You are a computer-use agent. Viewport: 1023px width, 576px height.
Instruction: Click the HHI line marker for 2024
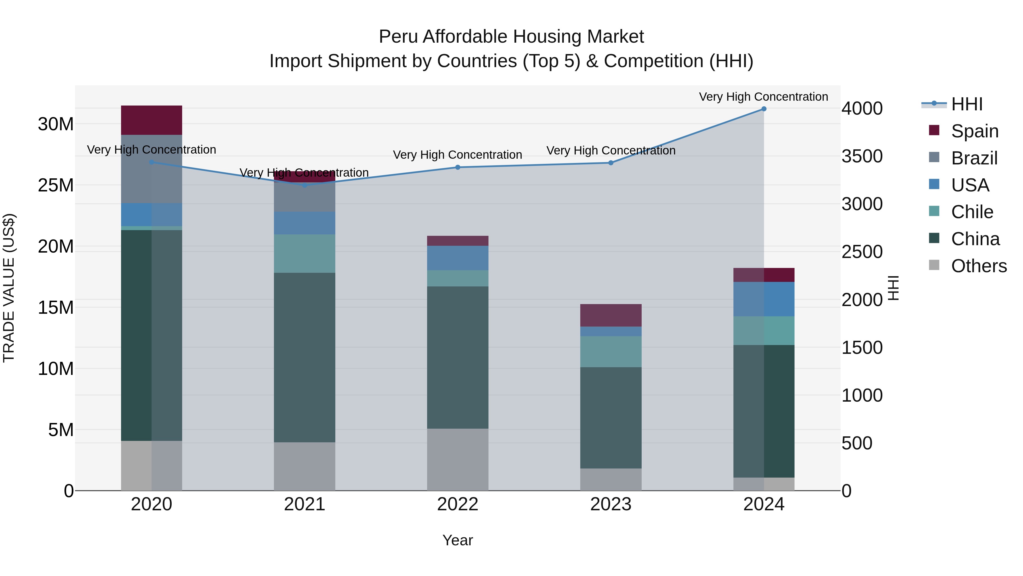tap(763, 109)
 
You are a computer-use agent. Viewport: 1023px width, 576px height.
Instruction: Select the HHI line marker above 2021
tap(305, 185)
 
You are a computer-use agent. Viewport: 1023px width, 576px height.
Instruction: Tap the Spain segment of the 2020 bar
tap(151, 120)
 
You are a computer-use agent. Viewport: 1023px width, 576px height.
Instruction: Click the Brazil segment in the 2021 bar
tap(305, 197)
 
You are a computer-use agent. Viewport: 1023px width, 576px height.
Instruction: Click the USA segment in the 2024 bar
tap(763, 299)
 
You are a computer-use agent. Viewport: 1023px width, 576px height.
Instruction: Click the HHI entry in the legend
tap(966, 104)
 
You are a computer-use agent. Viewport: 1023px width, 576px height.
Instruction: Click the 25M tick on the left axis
tap(56, 185)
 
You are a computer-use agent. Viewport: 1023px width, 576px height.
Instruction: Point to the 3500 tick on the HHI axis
tap(862, 156)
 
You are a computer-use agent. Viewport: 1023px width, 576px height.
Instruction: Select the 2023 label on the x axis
tap(610, 504)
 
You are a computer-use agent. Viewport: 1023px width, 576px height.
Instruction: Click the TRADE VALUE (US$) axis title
tap(9, 288)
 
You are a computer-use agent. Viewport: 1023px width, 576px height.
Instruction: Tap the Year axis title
tap(458, 540)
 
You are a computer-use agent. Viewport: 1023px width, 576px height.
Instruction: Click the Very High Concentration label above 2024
tap(763, 97)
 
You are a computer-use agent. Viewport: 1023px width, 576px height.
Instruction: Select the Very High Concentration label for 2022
tap(457, 155)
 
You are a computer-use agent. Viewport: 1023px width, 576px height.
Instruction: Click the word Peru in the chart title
tap(398, 37)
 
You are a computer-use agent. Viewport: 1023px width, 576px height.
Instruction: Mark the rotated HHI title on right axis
tap(893, 288)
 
